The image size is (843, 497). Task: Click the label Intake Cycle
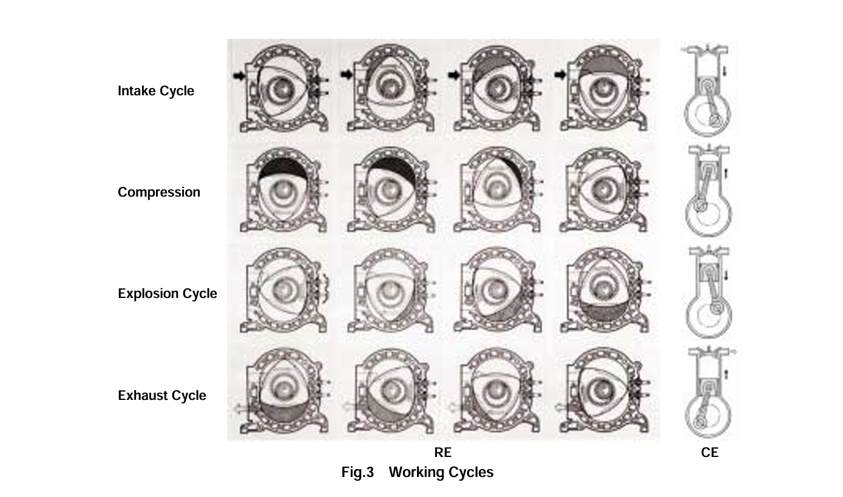[x=156, y=91]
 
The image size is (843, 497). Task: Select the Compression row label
[x=159, y=192]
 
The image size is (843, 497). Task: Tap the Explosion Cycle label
[x=168, y=294]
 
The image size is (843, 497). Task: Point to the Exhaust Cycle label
[x=162, y=396]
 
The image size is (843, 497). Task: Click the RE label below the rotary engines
[x=443, y=452]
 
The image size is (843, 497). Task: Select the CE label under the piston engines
[x=709, y=452]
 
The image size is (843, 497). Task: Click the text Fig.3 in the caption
[x=357, y=472]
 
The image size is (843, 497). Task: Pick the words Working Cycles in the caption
[x=441, y=472]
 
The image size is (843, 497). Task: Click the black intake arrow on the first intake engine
[x=239, y=76]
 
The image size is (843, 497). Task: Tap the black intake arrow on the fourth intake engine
[x=560, y=75]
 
